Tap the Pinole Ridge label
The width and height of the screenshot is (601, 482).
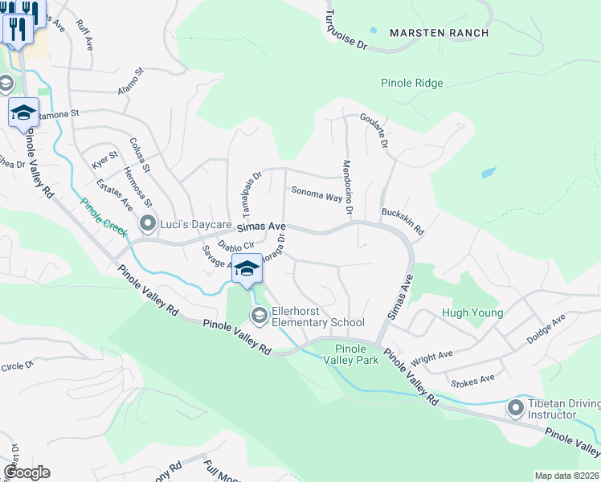[412, 83]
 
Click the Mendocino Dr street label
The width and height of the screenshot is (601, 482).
[348, 187]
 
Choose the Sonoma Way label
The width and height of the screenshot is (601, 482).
[317, 194]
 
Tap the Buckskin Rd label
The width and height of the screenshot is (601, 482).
[403, 219]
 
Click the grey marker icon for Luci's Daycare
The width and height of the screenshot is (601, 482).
[147, 223]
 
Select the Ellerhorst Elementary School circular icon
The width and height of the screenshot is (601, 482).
[259, 316]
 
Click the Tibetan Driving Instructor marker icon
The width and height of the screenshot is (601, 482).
[516, 408]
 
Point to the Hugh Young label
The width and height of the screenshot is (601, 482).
[472, 313]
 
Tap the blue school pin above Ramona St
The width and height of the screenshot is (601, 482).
[23, 112]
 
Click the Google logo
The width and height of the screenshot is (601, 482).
[27, 472]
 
